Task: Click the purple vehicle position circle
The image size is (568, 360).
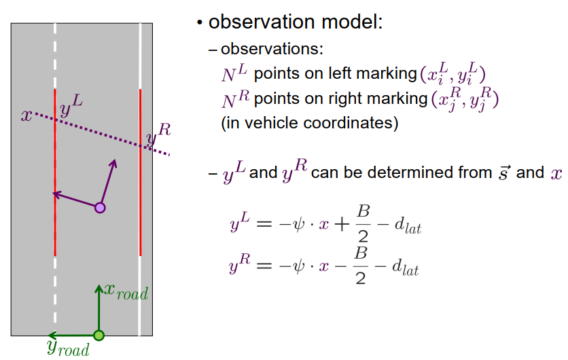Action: pos(100,208)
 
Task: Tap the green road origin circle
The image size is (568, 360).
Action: pos(99,335)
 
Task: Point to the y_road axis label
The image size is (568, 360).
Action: pos(67,348)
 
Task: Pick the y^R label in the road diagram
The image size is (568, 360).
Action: pos(158,134)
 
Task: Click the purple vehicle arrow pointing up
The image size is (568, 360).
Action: pos(109,180)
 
